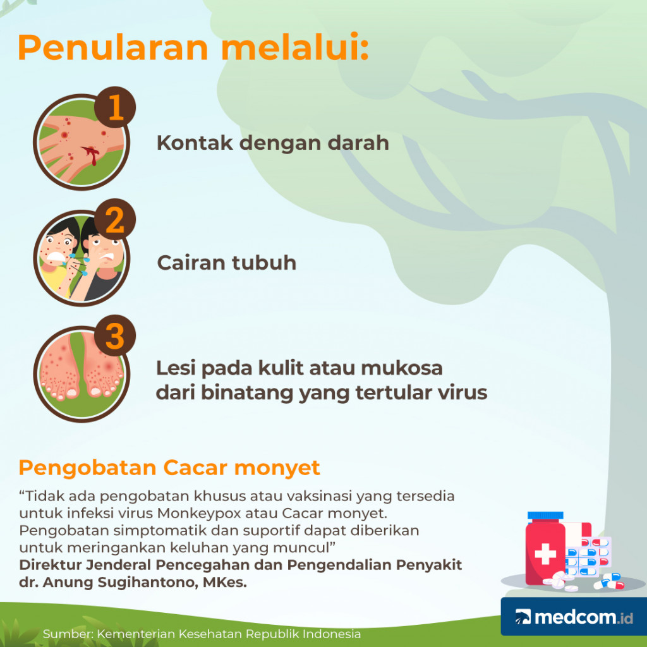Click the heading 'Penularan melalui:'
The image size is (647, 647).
(193, 49)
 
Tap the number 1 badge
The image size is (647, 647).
(115, 108)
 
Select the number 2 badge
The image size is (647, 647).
(115, 221)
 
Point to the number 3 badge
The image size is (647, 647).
(115, 337)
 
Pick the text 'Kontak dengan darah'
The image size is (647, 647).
(272, 143)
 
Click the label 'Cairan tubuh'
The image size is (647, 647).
(226, 262)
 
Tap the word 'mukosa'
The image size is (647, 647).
(404, 367)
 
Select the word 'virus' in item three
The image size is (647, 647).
(462, 392)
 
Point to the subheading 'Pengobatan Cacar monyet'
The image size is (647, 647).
(169, 468)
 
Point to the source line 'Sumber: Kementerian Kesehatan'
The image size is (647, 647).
(202, 634)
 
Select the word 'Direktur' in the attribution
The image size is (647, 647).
(47, 565)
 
